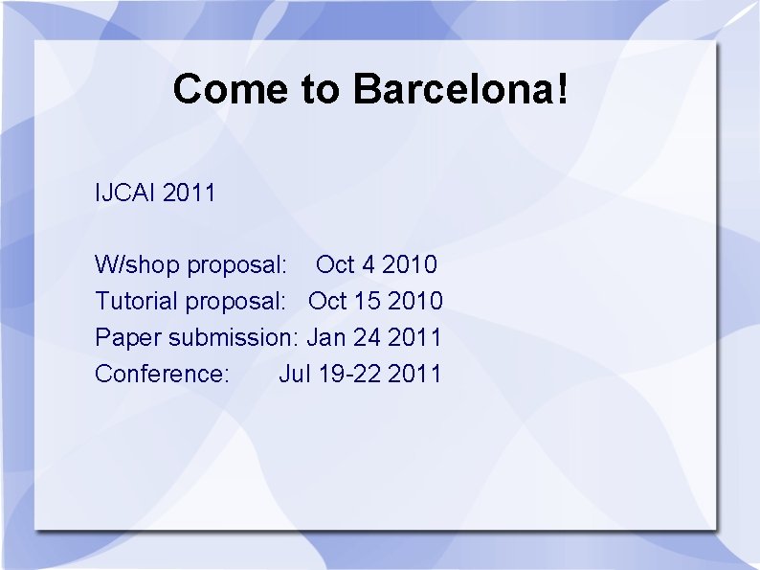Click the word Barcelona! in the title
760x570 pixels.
(461, 89)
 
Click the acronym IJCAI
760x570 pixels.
(125, 193)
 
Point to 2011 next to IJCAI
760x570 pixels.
(190, 193)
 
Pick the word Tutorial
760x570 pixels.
(137, 300)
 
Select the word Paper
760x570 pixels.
(128, 336)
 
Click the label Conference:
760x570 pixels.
(162, 373)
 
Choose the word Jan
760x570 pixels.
(326, 336)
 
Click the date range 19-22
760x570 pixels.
(349, 373)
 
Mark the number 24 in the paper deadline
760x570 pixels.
(368, 336)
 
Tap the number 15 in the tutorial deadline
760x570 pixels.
(367, 300)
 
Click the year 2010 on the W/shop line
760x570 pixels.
(410, 263)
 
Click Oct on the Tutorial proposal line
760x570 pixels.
(327, 300)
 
